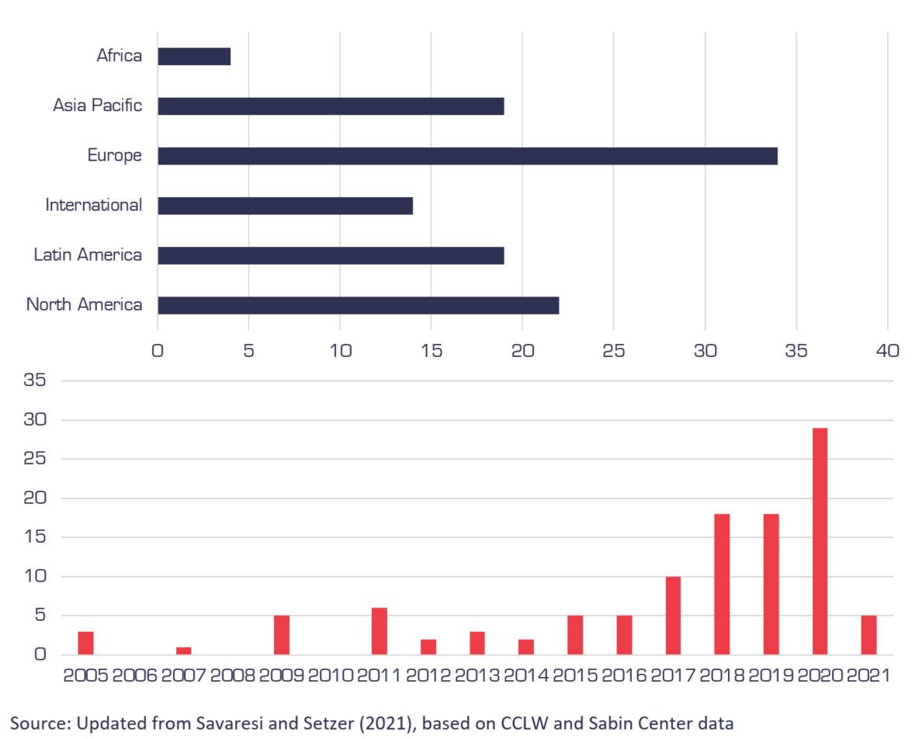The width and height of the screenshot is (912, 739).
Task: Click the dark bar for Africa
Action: [194, 57]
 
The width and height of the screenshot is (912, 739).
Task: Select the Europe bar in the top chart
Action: [467, 156]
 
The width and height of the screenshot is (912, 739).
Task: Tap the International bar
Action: [285, 206]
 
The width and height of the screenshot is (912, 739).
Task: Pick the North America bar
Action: [358, 305]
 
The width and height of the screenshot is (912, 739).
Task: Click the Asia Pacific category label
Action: [98, 106]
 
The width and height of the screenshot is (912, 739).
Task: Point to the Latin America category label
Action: [88, 255]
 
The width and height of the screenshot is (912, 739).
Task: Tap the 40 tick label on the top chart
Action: [887, 350]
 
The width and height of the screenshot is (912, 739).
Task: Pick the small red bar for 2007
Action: [184, 651]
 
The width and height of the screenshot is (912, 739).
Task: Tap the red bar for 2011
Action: [380, 630]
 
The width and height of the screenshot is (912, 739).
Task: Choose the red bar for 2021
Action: [869, 634]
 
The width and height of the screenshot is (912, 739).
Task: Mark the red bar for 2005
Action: [85, 643]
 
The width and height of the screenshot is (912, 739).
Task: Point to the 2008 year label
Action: [233, 675]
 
